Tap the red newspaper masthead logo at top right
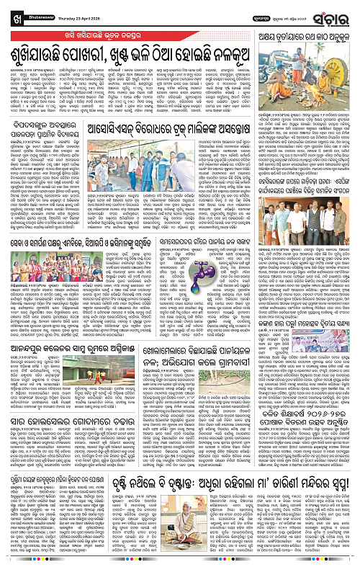coord(336,16)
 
